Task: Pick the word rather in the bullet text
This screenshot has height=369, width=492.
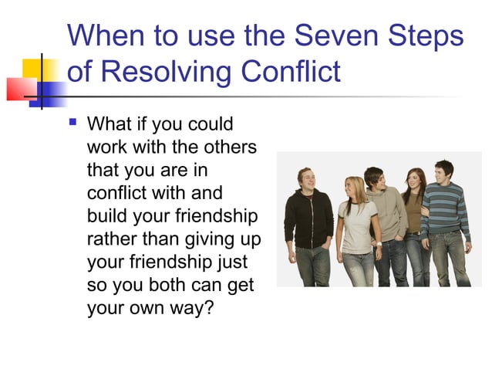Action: pos(111,235)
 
